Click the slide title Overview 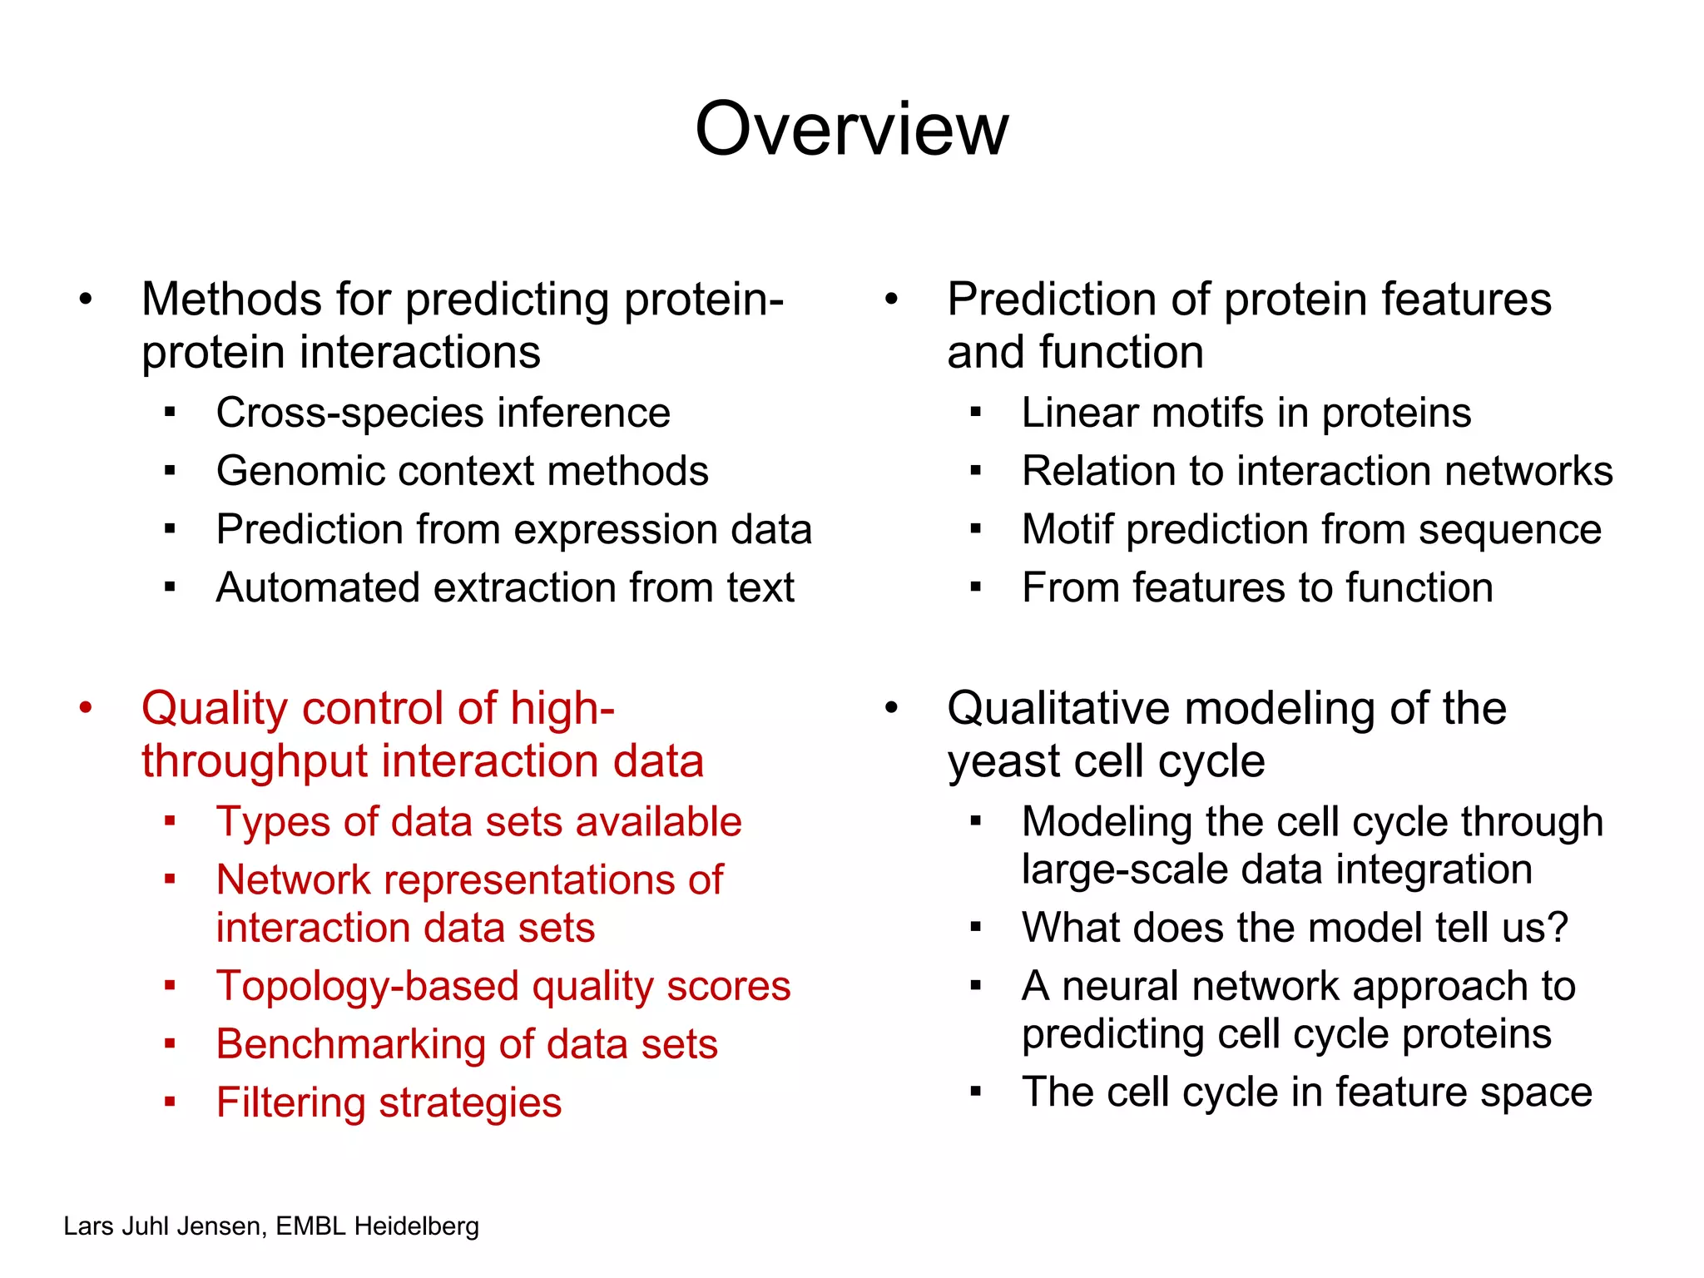[x=851, y=129]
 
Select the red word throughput [x=255, y=761]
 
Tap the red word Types [x=274, y=822]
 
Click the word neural [x=1117, y=987]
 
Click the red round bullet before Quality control [x=86, y=708]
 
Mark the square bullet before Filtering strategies [x=170, y=1102]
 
